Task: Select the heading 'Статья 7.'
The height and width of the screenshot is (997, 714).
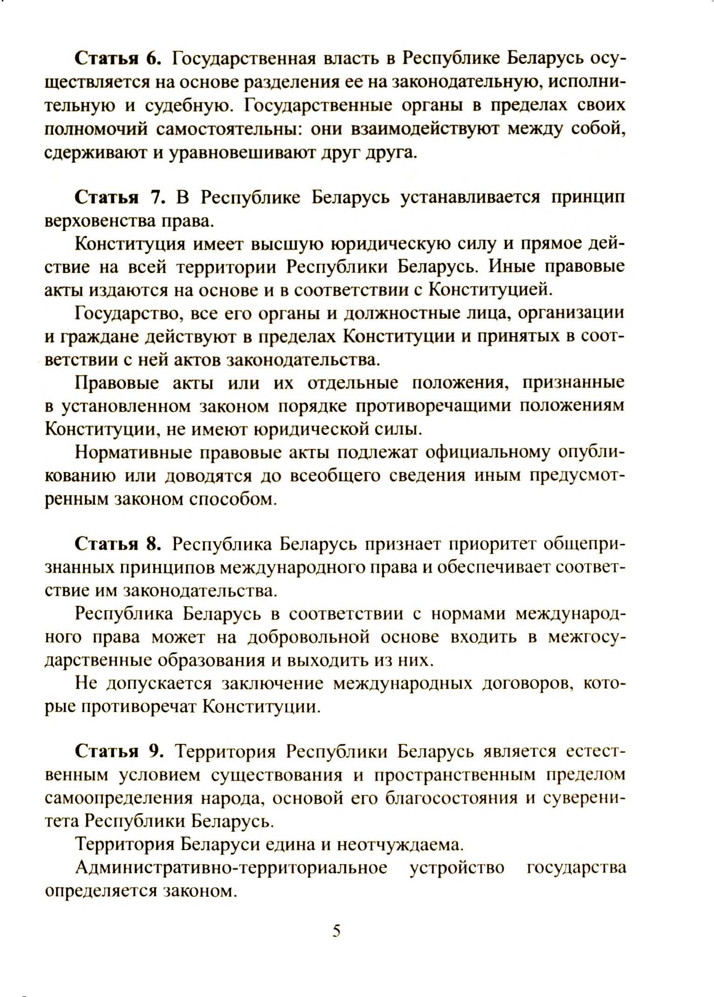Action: click(x=120, y=198)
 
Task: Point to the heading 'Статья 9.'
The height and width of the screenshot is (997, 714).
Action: click(x=119, y=752)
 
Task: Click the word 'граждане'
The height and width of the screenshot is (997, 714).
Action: click(x=98, y=337)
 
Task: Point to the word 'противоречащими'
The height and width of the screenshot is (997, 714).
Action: click(x=433, y=406)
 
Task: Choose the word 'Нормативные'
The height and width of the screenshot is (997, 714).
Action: click(x=134, y=453)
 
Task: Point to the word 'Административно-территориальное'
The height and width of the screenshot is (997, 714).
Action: click(x=231, y=868)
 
